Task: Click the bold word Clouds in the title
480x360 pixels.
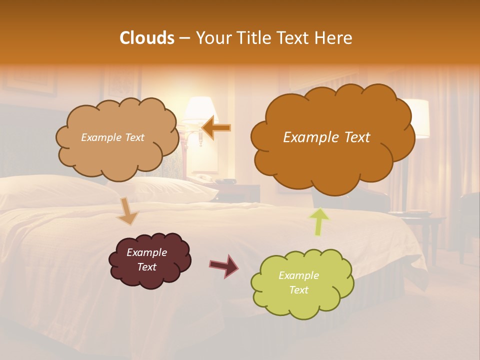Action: [147, 38]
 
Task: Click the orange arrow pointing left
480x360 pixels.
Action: [216, 128]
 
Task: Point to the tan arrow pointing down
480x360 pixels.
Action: [128, 211]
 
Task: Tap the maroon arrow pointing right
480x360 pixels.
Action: [223, 265]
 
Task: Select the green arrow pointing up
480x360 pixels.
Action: [319, 221]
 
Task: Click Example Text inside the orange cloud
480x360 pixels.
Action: [326, 137]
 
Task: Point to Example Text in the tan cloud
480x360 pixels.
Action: [112, 137]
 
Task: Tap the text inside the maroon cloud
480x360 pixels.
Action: [146, 259]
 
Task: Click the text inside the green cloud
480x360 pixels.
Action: [298, 282]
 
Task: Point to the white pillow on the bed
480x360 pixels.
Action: [165, 187]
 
